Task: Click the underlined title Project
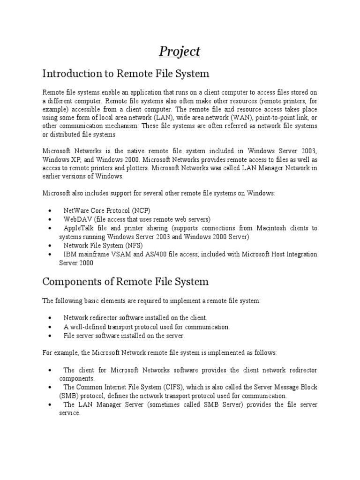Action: click(180, 51)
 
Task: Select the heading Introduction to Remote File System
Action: click(126, 74)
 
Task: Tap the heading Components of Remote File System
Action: click(126, 282)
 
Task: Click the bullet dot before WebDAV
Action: click(50, 219)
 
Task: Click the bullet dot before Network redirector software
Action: click(50, 318)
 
